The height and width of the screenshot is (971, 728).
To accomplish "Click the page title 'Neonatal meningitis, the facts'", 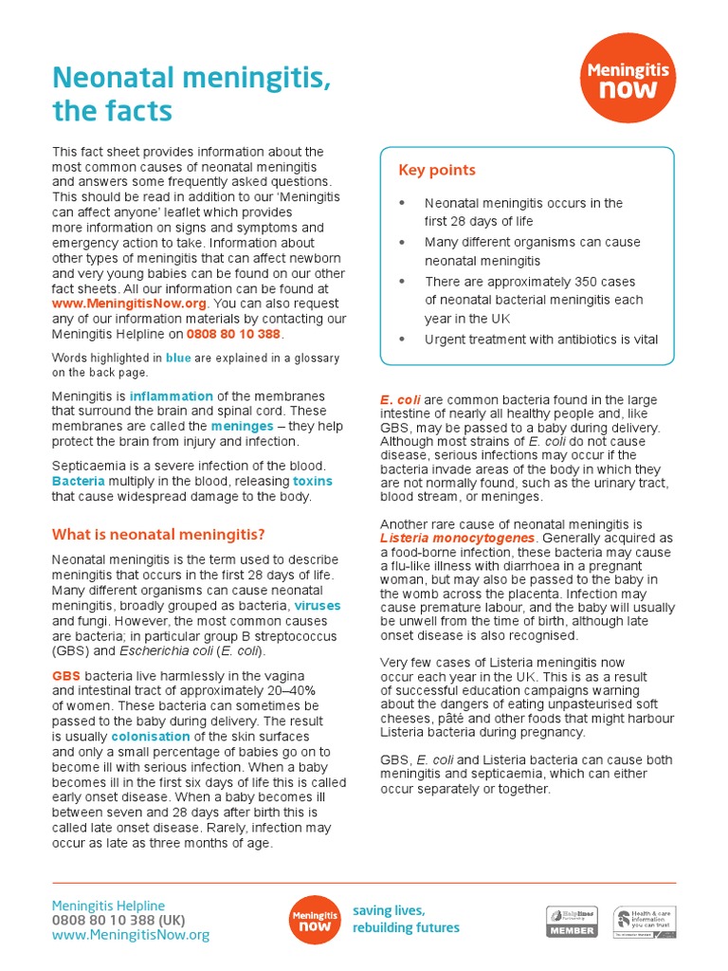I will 191,95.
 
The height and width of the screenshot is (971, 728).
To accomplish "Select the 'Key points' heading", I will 437,171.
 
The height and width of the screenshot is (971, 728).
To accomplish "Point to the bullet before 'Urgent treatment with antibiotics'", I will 402,339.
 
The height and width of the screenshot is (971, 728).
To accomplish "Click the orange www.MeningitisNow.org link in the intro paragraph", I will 129,303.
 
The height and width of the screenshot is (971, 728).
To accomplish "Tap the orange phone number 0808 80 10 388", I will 234,334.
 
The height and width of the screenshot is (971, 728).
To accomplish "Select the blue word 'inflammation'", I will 172,396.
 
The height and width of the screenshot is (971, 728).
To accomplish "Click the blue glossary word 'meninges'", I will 242,427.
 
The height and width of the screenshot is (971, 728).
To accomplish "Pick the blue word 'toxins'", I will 313,481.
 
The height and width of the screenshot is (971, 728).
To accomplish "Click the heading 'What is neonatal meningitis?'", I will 158,534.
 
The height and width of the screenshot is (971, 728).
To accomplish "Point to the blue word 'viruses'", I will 318,605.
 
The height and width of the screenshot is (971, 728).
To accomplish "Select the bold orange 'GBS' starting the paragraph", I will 65,676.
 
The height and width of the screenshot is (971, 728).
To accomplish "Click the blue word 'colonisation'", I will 151,737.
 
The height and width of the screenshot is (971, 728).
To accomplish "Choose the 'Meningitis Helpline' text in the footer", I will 108,906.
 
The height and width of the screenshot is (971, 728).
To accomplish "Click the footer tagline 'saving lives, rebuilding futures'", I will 406,919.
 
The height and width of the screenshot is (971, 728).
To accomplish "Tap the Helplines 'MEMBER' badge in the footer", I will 572,922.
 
